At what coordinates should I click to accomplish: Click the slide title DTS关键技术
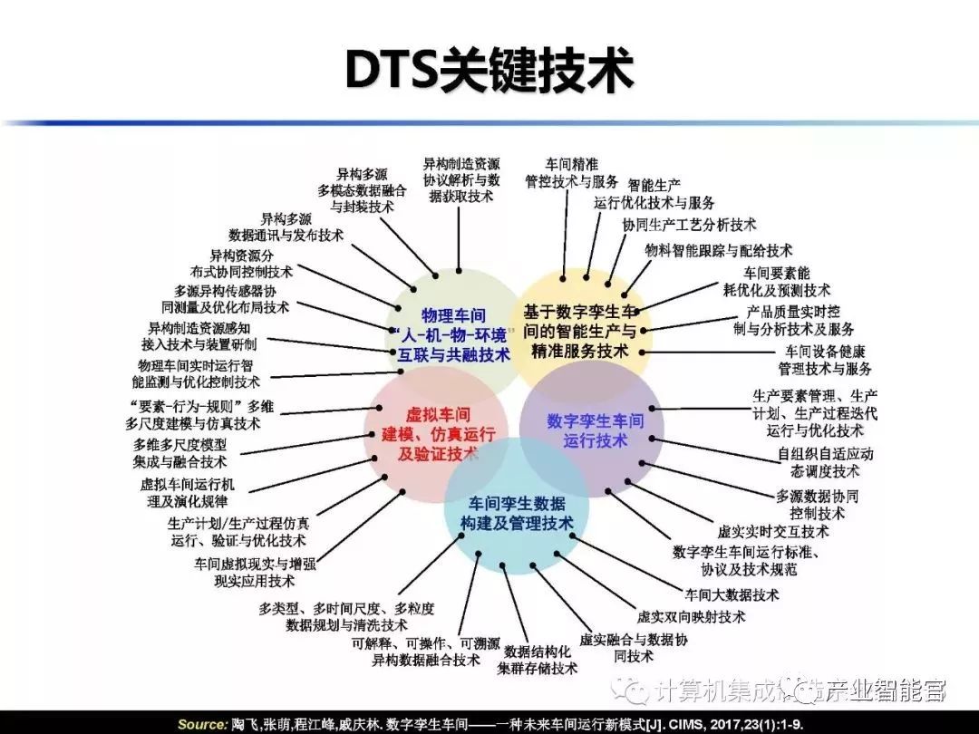(489, 69)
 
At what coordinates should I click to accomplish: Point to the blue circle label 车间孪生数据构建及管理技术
(516, 514)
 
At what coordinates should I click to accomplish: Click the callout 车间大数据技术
(732, 595)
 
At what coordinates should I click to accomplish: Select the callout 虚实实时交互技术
(772, 531)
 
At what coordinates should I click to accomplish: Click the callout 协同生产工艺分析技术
(689, 224)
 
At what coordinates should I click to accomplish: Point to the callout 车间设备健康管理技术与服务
(825, 361)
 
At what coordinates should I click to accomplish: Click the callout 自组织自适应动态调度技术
(825, 462)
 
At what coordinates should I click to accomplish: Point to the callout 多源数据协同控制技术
(817, 505)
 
